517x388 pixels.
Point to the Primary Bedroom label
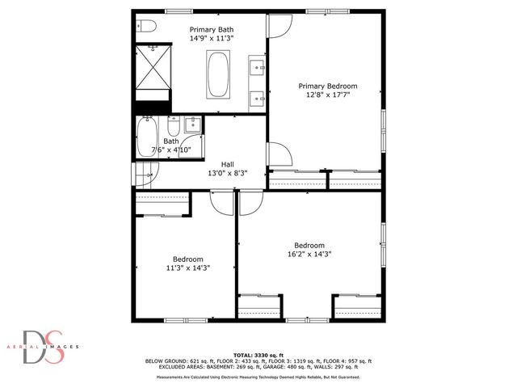(x=327, y=86)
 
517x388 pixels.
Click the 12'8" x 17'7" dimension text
(x=327, y=95)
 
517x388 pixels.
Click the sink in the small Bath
(x=192, y=124)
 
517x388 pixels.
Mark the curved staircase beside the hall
(x=142, y=174)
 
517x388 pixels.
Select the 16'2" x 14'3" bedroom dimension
(x=309, y=254)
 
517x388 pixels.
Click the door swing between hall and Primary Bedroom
(x=275, y=154)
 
